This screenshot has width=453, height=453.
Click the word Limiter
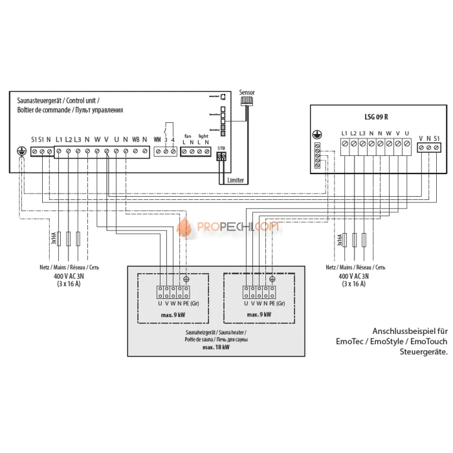(236, 181)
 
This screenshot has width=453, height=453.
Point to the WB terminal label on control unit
(135, 140)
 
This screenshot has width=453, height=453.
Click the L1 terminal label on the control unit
(59, 140)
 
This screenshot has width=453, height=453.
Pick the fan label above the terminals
(188, 135)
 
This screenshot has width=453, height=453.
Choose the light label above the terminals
(203, 135)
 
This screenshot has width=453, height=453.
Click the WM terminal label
(157, 140)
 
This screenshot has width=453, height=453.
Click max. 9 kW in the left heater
(172, 313)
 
